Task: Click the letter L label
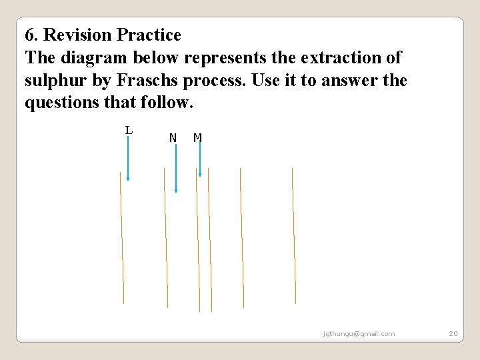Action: [x=129, y=130]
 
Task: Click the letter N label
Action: [x=173, y=138]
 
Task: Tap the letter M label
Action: [x=197, y=138]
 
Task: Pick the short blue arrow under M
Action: [x=199, y=161]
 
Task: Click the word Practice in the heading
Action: [x=148, y=35]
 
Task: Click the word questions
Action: [x=57, y=104]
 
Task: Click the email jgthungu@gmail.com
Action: [x=359, y=333]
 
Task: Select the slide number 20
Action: [x=453, y=333]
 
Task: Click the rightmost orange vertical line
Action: [x=293, y=236]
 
